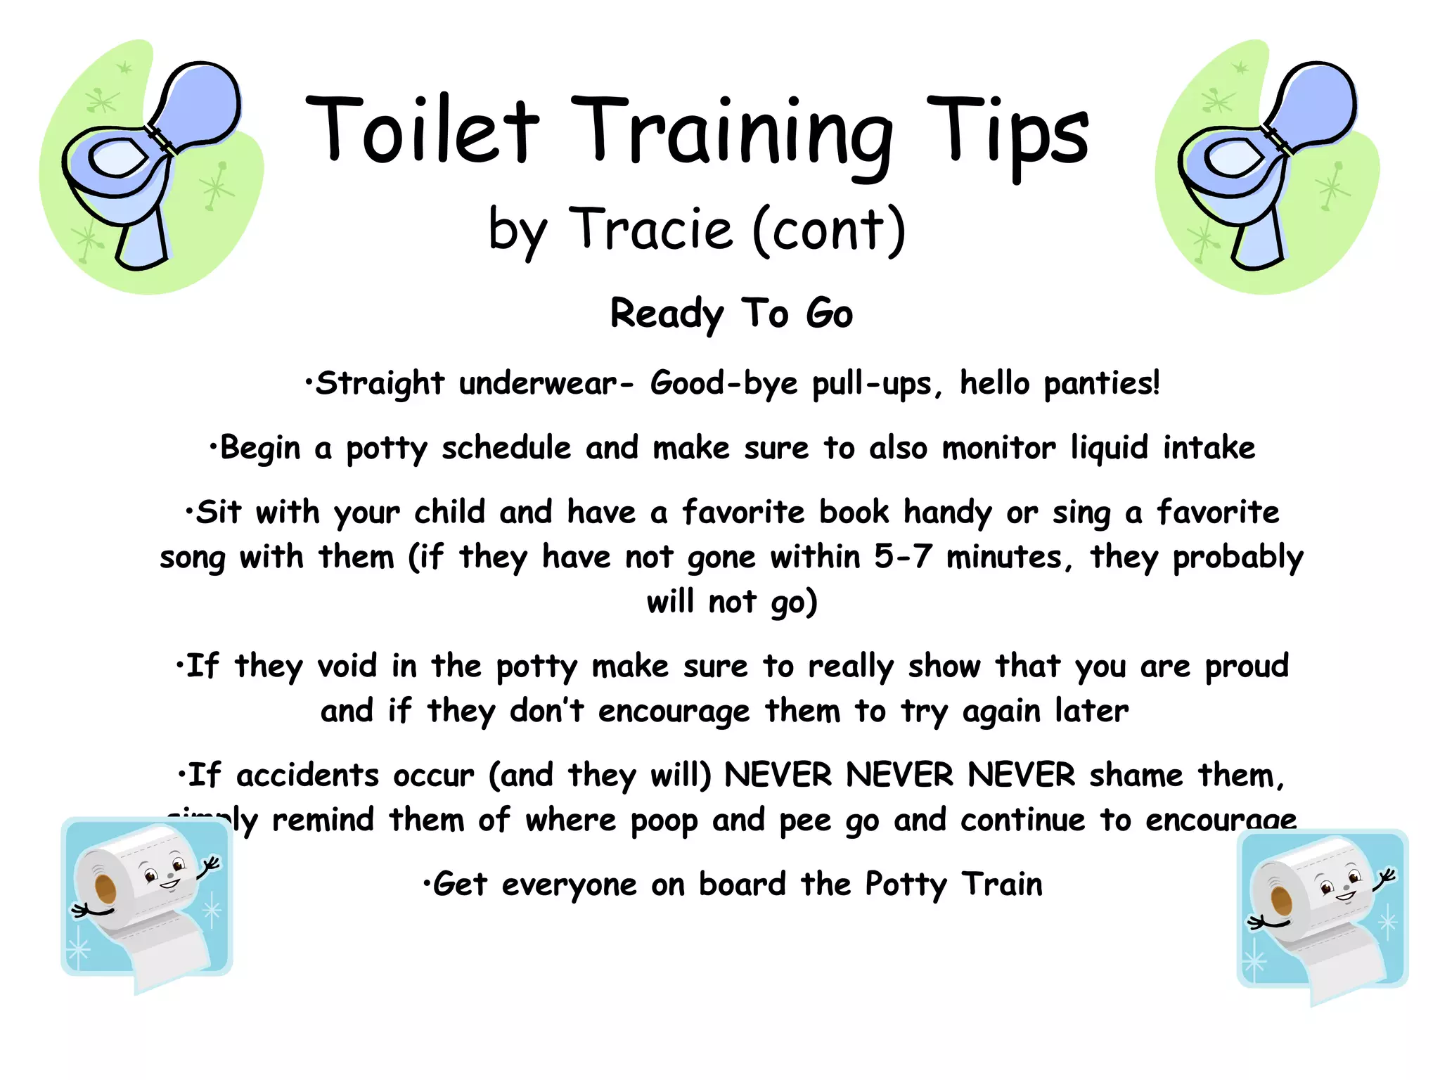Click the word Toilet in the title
(422, 130)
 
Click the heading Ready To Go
(731, 314)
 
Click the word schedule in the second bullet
(506, 448)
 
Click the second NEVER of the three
(900, 776)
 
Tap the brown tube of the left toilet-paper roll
(105, 889)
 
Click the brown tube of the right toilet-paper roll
(1281, 900)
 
